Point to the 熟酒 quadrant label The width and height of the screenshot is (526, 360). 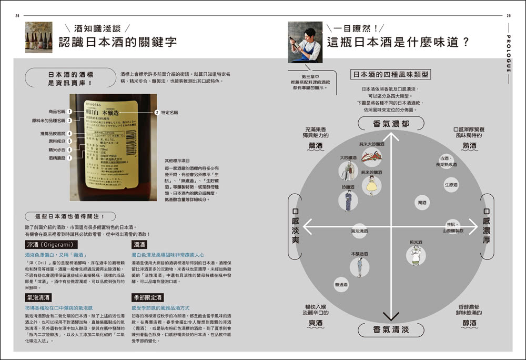pyautogui.click(x=469, y=145)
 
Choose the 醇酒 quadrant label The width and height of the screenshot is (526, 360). pyautogui.click(x=469, y=322)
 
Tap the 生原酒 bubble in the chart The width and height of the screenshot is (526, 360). pyautogui.click(x=451, y=185)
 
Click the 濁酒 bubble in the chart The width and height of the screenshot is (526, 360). pyautogui.click(x=422, y=202)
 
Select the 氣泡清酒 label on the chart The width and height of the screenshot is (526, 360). pyautogui.click(x=359, y=231)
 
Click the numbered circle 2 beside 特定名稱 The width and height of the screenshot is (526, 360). pyautogui.click(x=156, y=112)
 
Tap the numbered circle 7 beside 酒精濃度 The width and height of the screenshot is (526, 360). pyautogui.click(x=69, y=157)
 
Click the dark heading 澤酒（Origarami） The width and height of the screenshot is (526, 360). pyautogui.click(x=52, y=245)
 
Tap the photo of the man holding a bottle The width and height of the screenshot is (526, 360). pyautogui.click(x=305, y=42)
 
